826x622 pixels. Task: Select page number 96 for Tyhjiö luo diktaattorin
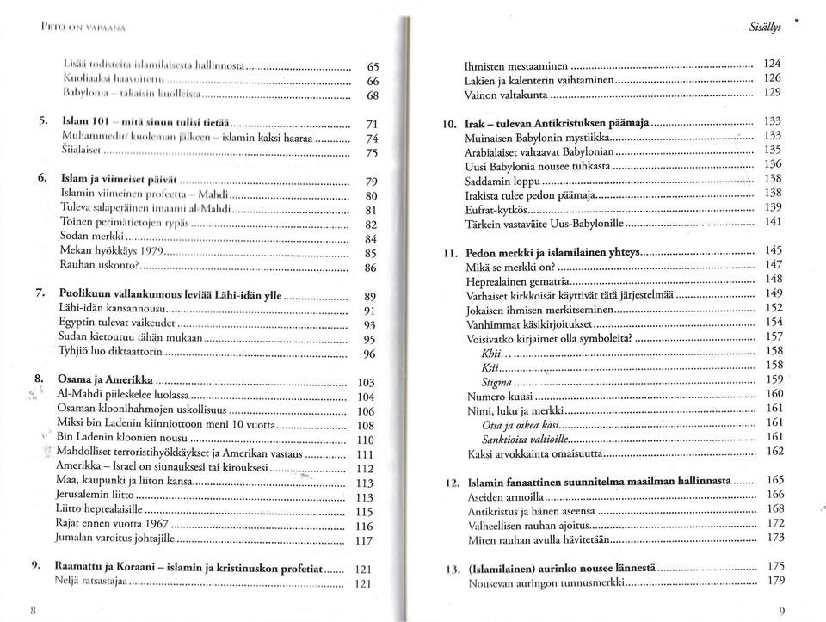click(x=368, y=354)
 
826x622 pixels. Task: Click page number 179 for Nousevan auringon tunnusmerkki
click(x=774, y=581)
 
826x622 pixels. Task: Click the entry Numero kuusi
click(x=496, y=394)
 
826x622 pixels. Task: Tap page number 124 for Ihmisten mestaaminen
click(x=773, y=65)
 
